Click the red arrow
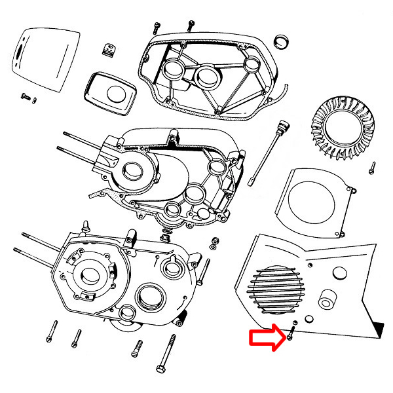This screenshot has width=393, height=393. [265, 339]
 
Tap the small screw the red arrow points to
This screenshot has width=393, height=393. [290, 337]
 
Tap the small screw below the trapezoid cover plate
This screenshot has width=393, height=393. [27, 97]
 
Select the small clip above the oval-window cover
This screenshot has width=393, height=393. [109, 49]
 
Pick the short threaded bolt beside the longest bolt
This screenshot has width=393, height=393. [136, 348]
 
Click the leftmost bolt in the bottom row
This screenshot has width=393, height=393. [52, 333]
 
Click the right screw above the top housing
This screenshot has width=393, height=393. [190, 26]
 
